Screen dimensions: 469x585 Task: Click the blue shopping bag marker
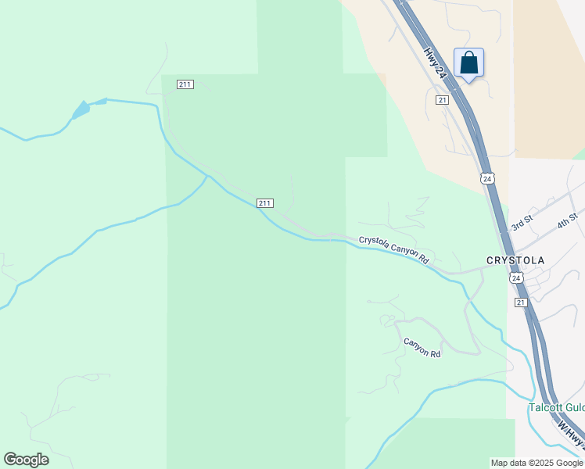tap(468, 63)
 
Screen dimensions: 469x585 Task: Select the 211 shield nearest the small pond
tap(185, 84)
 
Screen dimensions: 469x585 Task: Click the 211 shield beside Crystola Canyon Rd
tap(264, 203)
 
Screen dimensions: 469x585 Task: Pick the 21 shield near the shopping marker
tap(443, 100)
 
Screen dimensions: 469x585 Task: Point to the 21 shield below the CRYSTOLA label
tap(521, 302)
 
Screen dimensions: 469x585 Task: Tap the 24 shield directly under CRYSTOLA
tap(515, 278)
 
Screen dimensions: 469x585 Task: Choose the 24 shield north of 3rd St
tap(487, 178)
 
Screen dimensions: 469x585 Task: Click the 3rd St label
tap(522, 224)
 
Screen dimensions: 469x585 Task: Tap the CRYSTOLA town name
tap(515, 260)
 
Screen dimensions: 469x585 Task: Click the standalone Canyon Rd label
tap(422, 348)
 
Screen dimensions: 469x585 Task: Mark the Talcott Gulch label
tap(556, 408)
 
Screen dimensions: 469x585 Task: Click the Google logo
tap(26, 460)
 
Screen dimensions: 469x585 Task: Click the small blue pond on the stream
tap(81, 110)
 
